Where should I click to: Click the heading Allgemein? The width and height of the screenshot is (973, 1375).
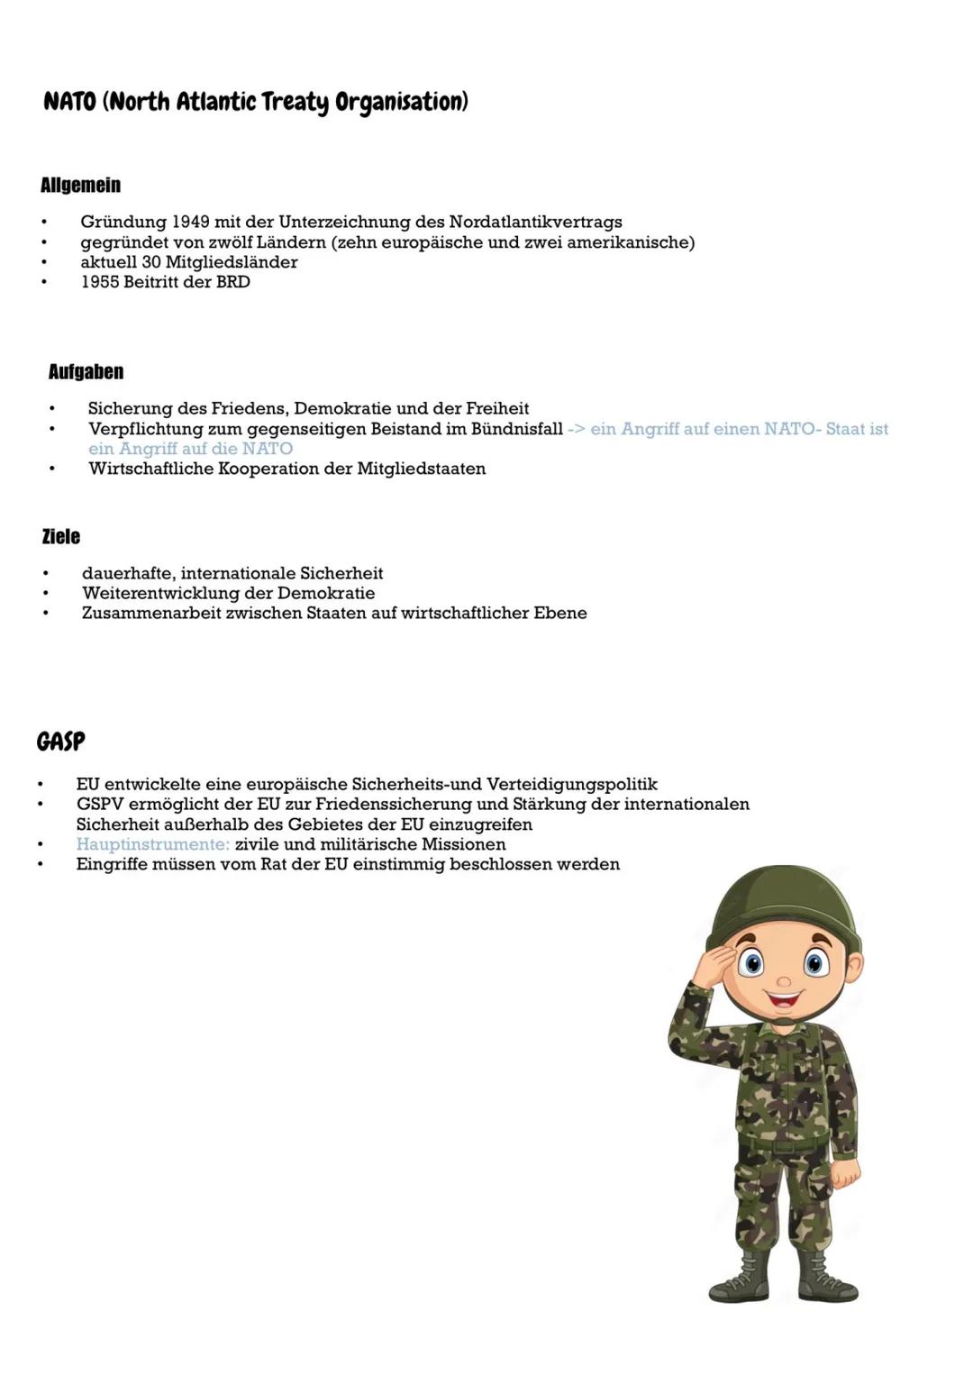(80, 186)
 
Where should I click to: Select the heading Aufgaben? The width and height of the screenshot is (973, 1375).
(86, 372)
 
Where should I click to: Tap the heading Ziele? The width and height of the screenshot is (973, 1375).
(60, 537)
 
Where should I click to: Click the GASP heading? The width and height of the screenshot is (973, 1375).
(60, 742)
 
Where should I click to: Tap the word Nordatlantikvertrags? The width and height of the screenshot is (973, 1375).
(535, 222)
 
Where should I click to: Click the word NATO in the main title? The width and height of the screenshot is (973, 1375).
(69, 101)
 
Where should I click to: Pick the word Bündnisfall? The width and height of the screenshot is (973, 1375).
(516, 429)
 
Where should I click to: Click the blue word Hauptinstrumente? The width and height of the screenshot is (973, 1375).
(152, 844)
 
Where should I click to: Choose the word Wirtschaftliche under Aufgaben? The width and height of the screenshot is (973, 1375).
(150, 469)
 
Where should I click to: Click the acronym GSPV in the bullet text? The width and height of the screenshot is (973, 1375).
(99, 804)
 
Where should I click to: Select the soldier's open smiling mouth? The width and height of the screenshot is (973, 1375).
(784, 998)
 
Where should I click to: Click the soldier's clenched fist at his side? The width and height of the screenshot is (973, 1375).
(844, 1174)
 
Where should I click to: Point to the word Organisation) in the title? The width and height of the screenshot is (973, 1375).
(402, 101)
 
